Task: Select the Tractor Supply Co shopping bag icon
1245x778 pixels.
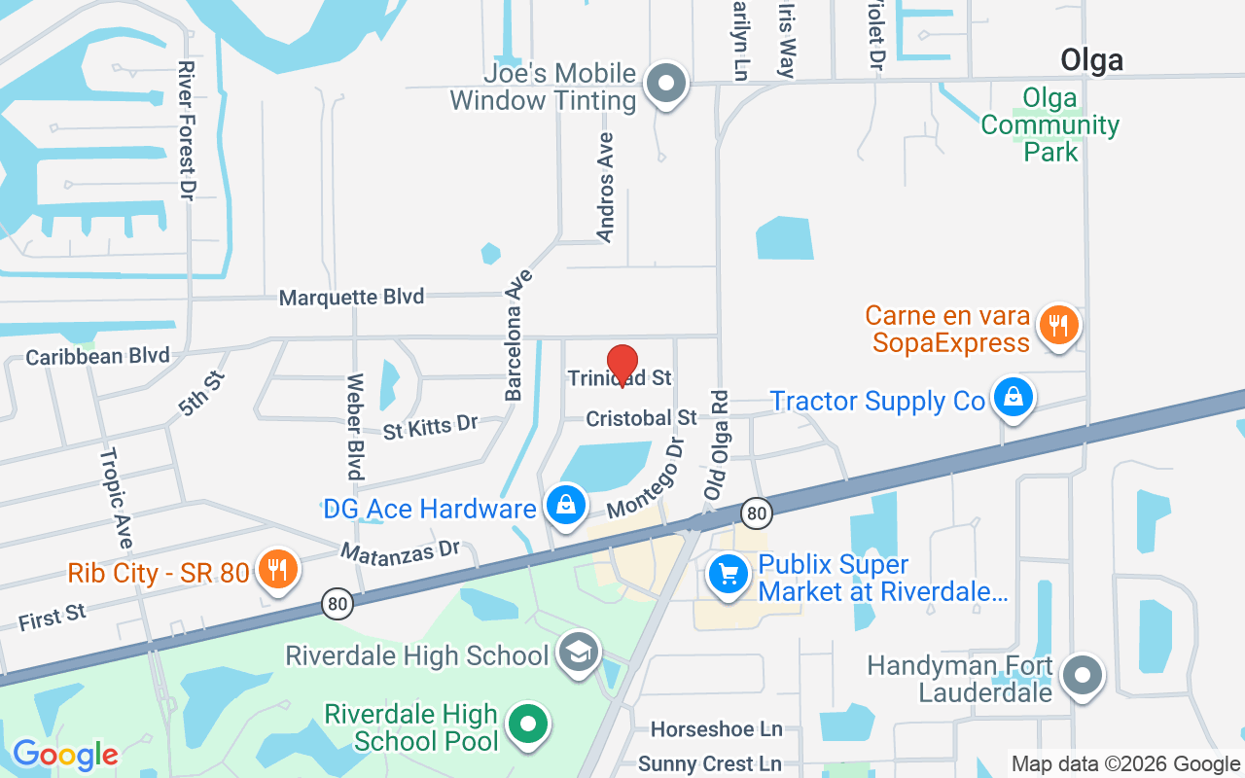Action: point(1013,400)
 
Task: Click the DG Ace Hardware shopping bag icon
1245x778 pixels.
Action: point(564,505)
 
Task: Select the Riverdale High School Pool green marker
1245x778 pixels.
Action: point(529,725)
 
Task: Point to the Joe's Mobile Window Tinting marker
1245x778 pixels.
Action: point(666,85)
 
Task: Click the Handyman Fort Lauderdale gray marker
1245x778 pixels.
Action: point(1082,675)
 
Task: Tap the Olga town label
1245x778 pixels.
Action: point(1091,60)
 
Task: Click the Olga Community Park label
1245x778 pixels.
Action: point(1049,124)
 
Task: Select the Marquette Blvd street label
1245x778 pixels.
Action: point(351,297)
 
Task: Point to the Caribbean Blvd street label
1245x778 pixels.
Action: point(97,356)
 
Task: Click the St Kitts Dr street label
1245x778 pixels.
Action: point(431,426)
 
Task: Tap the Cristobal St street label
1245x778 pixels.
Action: point(641,417)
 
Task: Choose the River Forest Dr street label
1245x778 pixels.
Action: point(186,130)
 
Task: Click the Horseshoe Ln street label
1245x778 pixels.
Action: point(716,728)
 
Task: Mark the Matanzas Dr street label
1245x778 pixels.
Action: point(399,550)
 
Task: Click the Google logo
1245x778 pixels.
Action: point(65,754)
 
